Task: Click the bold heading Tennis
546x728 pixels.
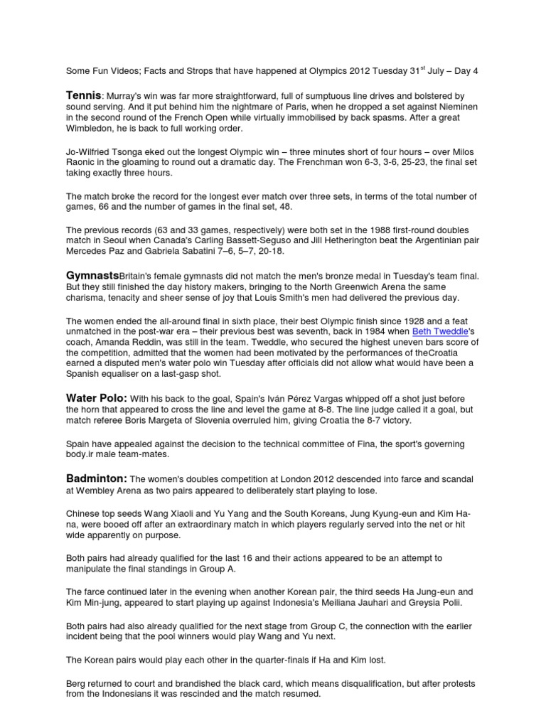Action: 84,95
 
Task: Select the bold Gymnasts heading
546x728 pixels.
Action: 92,275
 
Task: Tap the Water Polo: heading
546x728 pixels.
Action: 97,399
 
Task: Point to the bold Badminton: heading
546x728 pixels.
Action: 97,478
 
